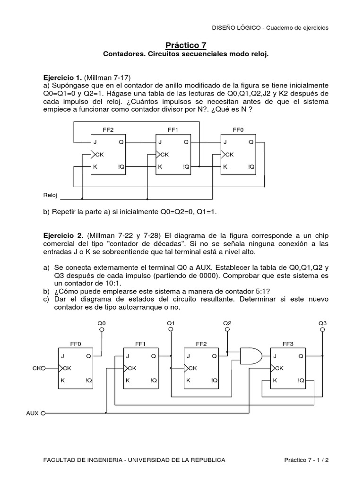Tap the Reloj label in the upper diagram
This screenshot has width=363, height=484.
(50, 195)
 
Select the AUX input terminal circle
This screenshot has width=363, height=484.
(43, 413)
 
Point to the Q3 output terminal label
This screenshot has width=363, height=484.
(322, 323)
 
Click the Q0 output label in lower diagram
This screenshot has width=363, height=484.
(102, 323)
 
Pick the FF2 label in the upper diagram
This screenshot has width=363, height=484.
(108, 129)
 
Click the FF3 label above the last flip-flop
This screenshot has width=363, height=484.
(286, 344)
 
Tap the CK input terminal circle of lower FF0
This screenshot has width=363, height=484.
(43, 368)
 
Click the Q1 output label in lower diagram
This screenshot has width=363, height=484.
(171, 323)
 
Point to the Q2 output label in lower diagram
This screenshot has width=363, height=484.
(227, 323)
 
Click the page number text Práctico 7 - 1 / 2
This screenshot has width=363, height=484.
(307, 459)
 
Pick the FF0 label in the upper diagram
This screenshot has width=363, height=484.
(238, 129)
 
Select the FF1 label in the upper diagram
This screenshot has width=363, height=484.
(173, 129)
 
